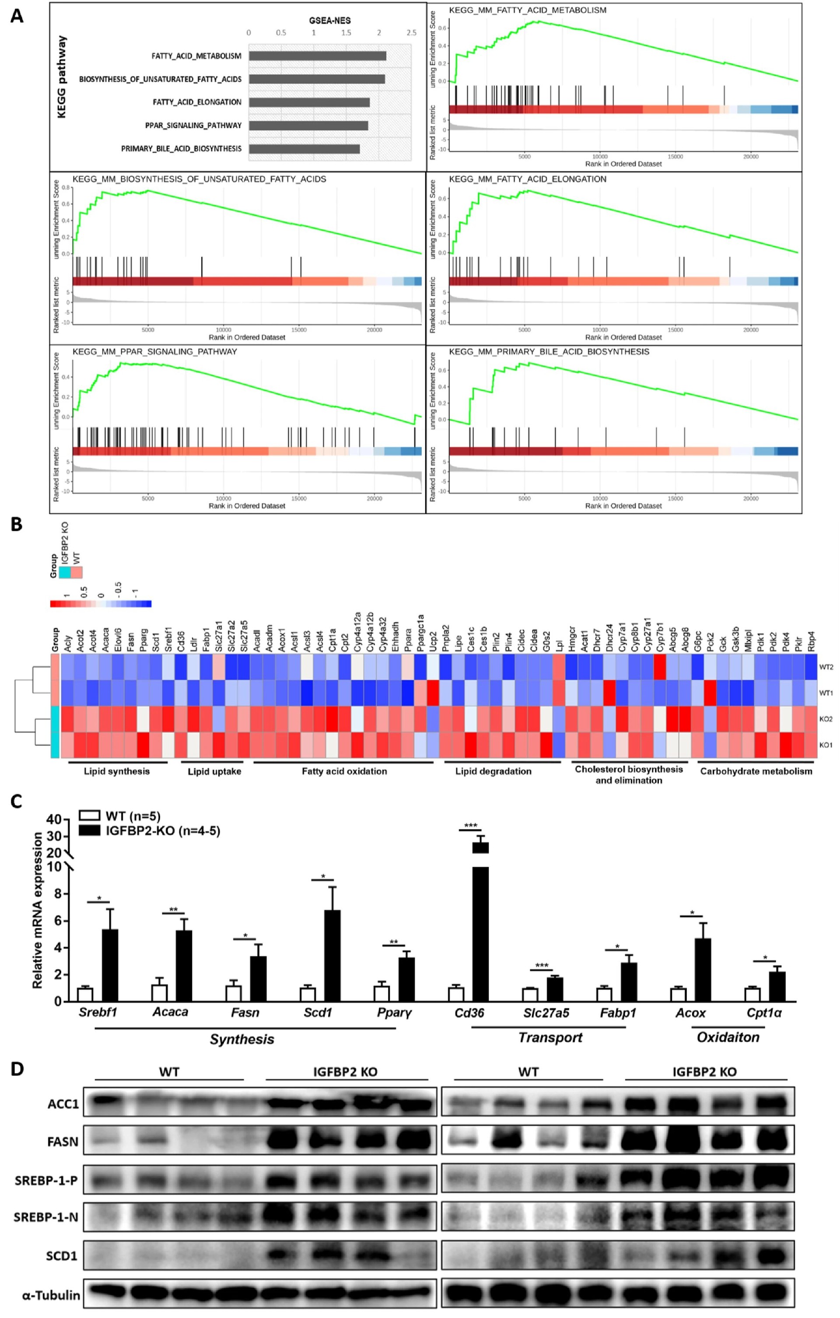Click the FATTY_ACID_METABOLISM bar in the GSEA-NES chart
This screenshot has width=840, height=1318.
coord(317,56)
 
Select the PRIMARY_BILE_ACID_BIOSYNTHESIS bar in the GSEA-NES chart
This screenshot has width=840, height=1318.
coord(304,149)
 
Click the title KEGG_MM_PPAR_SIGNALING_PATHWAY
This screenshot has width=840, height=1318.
coord(155,351)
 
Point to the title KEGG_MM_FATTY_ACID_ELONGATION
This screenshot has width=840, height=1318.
coord(528,179)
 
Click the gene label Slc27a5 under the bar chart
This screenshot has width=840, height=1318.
coord(546,1013)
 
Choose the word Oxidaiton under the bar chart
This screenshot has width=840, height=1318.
coord(728,1037)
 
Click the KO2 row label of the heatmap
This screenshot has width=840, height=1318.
coord(826,719)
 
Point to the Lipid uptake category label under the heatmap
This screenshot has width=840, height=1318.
coord(214,771)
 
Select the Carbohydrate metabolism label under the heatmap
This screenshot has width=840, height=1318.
coord(756,771)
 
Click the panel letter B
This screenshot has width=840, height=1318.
coord(17,524)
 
